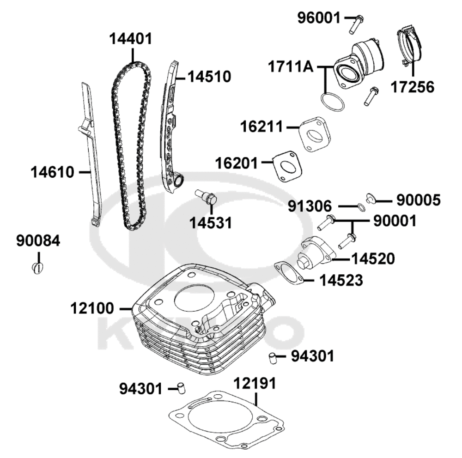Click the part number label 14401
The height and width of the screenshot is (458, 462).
[131, 38]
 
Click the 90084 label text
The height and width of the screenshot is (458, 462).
[38, 241]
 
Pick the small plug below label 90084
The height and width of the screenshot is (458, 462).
[38, 267]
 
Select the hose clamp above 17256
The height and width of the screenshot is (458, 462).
[410, 46]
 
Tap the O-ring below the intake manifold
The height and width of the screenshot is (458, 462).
[332, 101]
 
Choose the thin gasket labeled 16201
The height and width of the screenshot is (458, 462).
[288, 166]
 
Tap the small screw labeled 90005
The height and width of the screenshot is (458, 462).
[370, 199]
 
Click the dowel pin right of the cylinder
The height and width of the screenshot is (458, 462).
[273, 357]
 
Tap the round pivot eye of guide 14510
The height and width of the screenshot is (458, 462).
[178, 181]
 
